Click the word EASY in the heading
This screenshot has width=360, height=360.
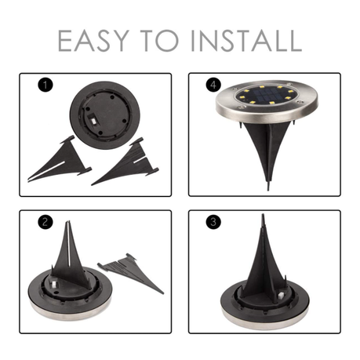coord(93,41)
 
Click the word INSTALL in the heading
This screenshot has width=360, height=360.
coord(246,41)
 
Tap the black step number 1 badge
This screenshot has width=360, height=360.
coord(45,85)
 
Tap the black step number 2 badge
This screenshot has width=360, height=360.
coord(45,222)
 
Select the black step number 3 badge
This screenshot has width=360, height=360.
coord(213,222)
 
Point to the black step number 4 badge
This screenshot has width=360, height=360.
coord(213,85)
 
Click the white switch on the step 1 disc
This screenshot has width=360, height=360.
coord(93,122)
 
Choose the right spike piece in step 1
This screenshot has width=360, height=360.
coord(125,163)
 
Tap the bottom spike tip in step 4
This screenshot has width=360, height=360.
coord(268,191)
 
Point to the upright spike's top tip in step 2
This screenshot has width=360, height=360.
coord(68,221)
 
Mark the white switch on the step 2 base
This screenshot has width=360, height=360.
coord(53,285)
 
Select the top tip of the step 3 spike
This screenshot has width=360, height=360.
coord(263,215)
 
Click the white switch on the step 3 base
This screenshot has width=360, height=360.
coord(282,296)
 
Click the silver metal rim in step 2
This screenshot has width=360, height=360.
coord(69,314)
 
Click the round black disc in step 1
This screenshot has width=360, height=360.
coord(105,115)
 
